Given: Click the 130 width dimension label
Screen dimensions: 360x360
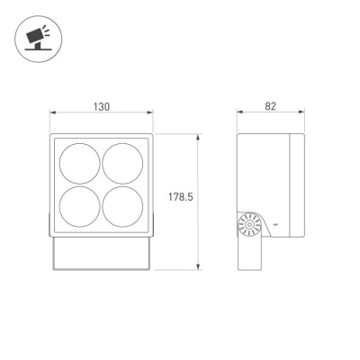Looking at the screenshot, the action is (102, 106).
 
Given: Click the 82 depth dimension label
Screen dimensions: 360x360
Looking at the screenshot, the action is (270, 106).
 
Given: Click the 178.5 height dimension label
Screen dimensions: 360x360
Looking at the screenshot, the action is (181, 197).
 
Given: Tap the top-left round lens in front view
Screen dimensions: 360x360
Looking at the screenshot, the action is (79, 164).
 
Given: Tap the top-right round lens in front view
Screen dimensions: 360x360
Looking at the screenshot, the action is (122, 164).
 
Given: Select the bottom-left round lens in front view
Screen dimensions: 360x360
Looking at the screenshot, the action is (79, 207).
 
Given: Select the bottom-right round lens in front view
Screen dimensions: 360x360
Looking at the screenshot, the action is (122, 207).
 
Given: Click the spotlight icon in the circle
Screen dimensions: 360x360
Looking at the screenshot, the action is (38, 38).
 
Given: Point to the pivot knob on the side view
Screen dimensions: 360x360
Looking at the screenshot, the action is (248, 225).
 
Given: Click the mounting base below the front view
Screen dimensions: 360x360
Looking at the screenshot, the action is (102, 254).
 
